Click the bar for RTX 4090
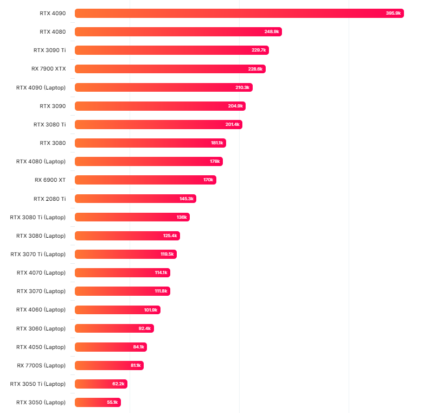click(x=239, y=13)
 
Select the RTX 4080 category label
click(x=53, y=31)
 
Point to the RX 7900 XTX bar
click(x=170, y=69)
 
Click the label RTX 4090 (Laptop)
click(x=41, y=87)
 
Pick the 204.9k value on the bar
click(x=235, y=106)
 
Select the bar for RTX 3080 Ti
click(x=158, y=124)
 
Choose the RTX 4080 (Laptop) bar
click(x=149, y=162)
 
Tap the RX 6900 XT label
click(x=50, y=180)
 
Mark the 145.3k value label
click(x=187, y=199)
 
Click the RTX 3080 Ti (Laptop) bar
click(x=132, y=217)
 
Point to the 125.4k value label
click(x=170, y=236)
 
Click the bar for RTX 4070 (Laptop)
click(x=122, y=272)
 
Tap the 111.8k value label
click(x=161, y=291)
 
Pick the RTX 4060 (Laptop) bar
click(x=117, y=310)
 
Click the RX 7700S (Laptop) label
click(x=41, y=365)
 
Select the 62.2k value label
click(x=118, y=384)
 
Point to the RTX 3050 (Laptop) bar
click(x=98, y=403)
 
